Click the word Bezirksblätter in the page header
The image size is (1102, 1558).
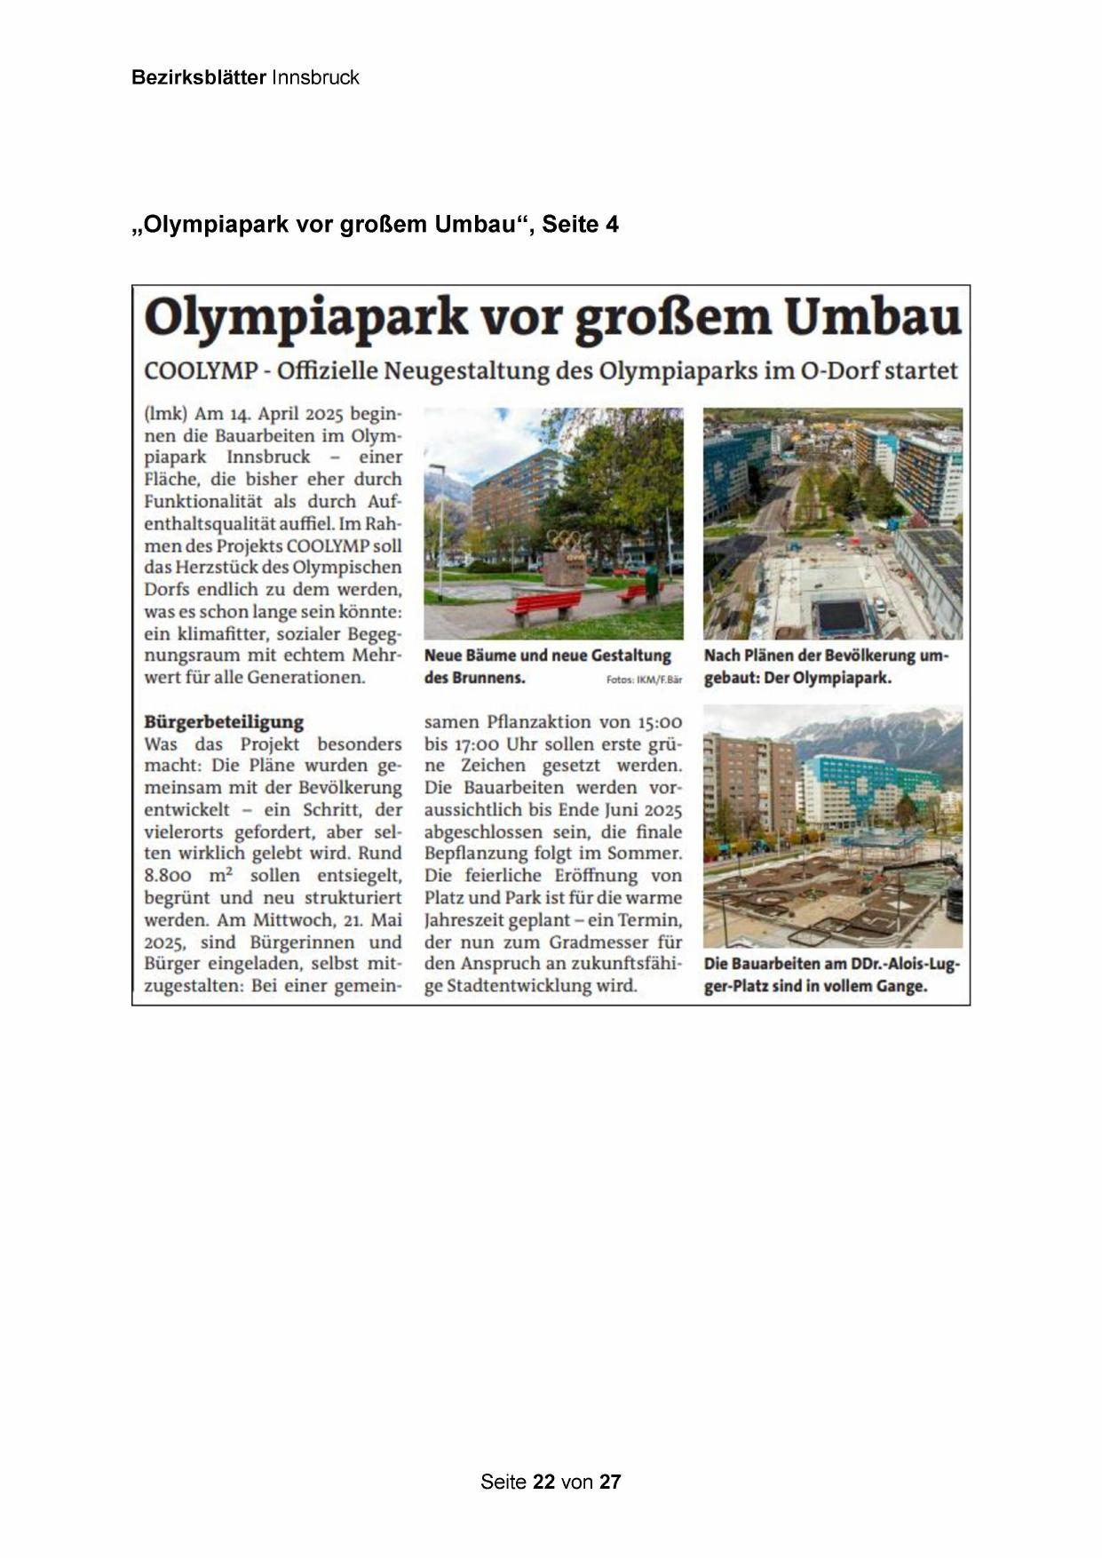coord(198,77)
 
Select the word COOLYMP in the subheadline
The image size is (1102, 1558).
coord(201,370)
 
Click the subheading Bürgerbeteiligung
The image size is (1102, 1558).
coord(224,721)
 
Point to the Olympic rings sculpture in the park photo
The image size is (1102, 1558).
coord(563,539)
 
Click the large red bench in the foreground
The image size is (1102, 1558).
coord(543,608)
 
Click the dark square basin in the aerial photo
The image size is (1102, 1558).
coord(842,614)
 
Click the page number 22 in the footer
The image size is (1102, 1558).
coord(543,1482)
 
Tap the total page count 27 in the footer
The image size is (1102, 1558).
coord(610,1482)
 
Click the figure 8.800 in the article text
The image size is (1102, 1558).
coord(168,875)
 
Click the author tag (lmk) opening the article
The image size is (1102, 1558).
coord(166,414)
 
